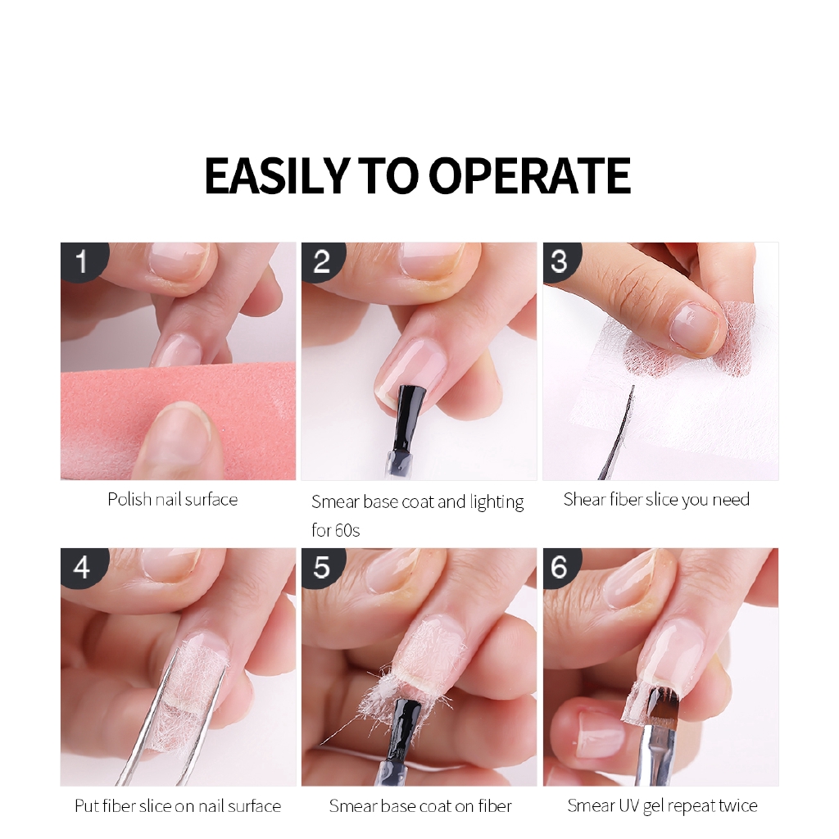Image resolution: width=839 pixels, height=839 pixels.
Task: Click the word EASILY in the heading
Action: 277,175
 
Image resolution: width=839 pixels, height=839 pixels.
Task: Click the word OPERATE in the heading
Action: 530,175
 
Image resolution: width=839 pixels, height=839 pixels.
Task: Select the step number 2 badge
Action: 323,261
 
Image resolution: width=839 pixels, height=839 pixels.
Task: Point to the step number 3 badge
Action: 560,261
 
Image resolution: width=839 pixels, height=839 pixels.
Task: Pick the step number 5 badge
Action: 323,567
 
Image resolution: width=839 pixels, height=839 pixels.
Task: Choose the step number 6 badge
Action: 560,567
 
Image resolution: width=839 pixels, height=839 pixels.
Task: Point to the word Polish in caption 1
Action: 129,500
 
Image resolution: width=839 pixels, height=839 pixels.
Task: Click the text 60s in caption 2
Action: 347,531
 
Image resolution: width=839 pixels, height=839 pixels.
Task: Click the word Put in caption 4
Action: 87,806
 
